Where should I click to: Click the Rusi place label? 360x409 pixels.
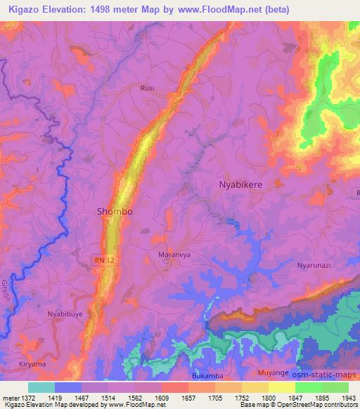tap(146, 89)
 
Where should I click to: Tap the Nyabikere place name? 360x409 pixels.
tap(241, 184)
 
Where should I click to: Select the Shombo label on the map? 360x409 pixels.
tap(114, 211)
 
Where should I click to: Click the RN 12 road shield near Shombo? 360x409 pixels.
tap(103, 261)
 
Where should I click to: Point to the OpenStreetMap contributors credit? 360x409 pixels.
tap(316, 405)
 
